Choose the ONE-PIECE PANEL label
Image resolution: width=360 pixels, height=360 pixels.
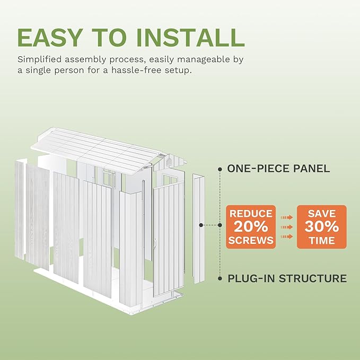[278, 169]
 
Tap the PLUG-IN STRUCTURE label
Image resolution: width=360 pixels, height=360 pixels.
[287, 278]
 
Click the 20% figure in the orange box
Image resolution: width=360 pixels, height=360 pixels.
[251, 227]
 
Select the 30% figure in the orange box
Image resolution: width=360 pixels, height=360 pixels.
[321, 227]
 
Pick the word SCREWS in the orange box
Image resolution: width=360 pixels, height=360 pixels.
[251, 240]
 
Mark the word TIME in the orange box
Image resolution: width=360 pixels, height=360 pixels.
[321, 240]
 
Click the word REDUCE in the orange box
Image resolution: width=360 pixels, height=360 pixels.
[251, 214]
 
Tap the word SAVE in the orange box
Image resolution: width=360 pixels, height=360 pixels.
[321, 213]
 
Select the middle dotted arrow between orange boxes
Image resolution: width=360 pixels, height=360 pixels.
[286, 227]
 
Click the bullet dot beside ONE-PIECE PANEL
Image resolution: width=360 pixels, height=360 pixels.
[219, 169]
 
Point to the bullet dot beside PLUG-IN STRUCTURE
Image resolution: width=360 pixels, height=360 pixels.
[219, 278]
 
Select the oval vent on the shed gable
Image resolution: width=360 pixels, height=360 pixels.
[169, 159]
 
